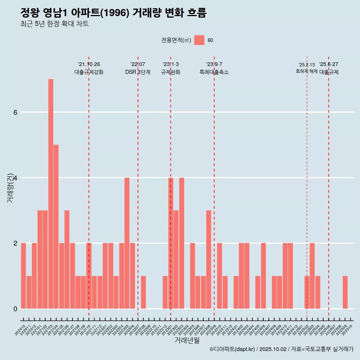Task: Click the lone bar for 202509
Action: (345, 292)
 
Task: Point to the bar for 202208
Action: (143, 292)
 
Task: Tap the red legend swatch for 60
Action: (199, 40)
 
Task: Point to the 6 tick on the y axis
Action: (15, 112)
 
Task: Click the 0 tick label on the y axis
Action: (15, 309)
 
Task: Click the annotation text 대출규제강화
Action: (89, 72)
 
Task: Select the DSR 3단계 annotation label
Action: (138, 72)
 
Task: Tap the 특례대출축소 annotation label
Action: (214, 72)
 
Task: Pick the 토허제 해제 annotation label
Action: (306, 71)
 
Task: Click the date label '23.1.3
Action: (171, 64)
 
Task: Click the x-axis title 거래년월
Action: (187, 340)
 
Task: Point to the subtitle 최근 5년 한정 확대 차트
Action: (54, 24)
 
